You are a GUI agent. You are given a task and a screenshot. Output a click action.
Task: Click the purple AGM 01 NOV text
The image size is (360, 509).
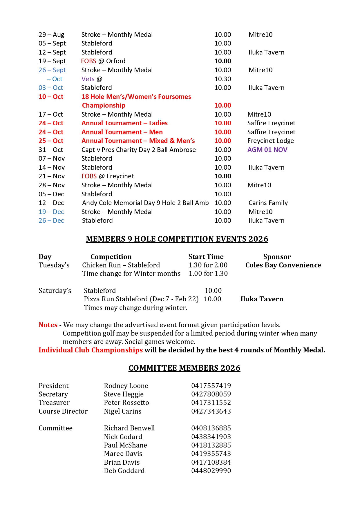pyautogui.click(x=267, y=150)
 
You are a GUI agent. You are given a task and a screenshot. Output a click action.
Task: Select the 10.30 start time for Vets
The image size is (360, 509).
pyautogui.click(x=222, y=79)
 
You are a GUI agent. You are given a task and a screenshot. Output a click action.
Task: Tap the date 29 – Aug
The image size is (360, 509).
pyautogui.click(x=51, y=35)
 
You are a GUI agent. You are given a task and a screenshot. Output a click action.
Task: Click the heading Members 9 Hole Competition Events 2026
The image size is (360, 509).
pyautogui.click(x=177, y=239)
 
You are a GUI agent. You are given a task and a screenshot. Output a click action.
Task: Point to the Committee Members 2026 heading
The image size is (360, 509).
pyautogui.click(x=184, y=368)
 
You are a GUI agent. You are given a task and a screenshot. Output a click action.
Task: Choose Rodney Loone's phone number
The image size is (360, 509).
pyautogui.click(x=211, y=386)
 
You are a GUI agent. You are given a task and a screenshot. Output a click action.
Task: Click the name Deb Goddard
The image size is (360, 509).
pyautogui.click(x=124, y=471)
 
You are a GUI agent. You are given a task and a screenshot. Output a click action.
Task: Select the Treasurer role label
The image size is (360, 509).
pyautogui.click(x=54, y=403)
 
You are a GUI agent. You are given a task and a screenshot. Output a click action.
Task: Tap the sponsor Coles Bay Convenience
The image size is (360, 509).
pyautogui.click(x=283, y=265)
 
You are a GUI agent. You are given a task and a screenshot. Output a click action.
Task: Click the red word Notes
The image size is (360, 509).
pyautogui.click(x=48, y=325)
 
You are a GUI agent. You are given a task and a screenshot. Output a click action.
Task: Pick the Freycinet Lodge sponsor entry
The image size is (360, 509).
pyautogui.click(x=270, y=141)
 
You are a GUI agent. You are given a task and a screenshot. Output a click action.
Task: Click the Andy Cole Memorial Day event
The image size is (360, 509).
pyautogui.click(x=145, y=203)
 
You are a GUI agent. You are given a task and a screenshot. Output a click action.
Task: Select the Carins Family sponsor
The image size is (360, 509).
pyautogui.click(x=268, y=203)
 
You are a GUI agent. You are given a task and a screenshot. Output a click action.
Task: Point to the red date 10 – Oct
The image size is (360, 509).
pyautogui.click(x=51, y=97)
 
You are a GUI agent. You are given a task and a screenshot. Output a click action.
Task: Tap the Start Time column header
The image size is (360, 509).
pyautogui.click(x=206, y=257)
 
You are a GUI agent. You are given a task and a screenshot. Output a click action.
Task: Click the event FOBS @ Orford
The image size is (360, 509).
pyautogui.click(x=103, y=61)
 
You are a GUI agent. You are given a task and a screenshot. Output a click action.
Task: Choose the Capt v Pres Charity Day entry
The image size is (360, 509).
pyautogui.click(x=138, y=150)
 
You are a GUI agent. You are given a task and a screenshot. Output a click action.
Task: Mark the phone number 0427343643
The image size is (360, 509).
pyautogui.click(x=211, y=411)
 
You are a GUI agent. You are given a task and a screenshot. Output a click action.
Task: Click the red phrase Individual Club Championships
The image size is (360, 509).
pyautogui.click(x=91, y=350)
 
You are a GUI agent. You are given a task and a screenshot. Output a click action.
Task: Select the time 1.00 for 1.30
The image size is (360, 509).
pyautogui.click(x=208, y=273)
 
